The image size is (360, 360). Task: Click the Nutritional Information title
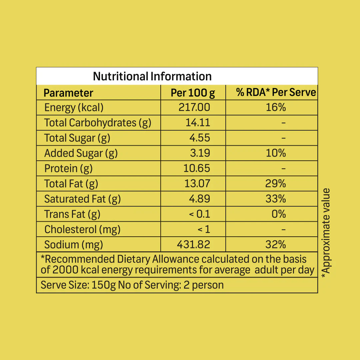152,76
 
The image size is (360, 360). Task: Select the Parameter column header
68,93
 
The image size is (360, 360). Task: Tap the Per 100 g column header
193,93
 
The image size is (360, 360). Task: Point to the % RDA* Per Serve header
276,92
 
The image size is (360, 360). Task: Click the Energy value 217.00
194,108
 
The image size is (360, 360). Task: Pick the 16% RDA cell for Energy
276,108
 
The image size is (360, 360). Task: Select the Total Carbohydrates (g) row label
98,123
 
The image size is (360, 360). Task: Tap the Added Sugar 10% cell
276,153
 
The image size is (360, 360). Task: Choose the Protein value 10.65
197,168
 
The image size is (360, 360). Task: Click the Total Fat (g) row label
71,184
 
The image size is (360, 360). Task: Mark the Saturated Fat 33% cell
276,199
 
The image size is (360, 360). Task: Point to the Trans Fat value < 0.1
200,214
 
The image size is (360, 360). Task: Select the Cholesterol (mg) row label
82,229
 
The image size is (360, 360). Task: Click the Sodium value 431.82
193,245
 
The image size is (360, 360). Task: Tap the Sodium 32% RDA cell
276,245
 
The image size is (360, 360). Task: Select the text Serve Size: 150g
78,285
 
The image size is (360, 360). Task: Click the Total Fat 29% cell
276,184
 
